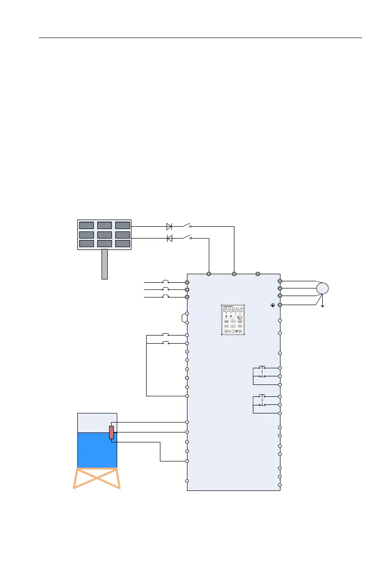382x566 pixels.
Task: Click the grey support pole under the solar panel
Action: click(x=104, y=264)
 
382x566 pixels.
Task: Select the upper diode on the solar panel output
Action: click(x=169, y=227)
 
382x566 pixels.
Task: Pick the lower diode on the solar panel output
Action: click(x=169, y=238)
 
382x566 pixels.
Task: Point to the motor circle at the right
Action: click(x=322, y=288)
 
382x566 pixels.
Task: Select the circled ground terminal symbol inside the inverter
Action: click(x=272, y=305)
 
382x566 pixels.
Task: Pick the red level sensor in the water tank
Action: click(x=112, y=432)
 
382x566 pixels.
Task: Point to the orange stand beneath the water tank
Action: click(x=97, y=478)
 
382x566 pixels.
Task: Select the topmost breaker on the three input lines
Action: click(x=166, y=282)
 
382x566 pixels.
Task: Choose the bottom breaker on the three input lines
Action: click(x=166, y=297)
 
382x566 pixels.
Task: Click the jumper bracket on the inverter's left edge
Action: click(x=184, y=318)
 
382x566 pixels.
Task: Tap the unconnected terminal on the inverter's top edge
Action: click(x=257, y=274)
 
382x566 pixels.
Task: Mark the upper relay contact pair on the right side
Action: click(x=261, y=372)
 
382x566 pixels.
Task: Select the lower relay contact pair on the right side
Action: click(x=261, y=400)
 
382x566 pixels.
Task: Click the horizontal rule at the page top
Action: click(x=199, y=38)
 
